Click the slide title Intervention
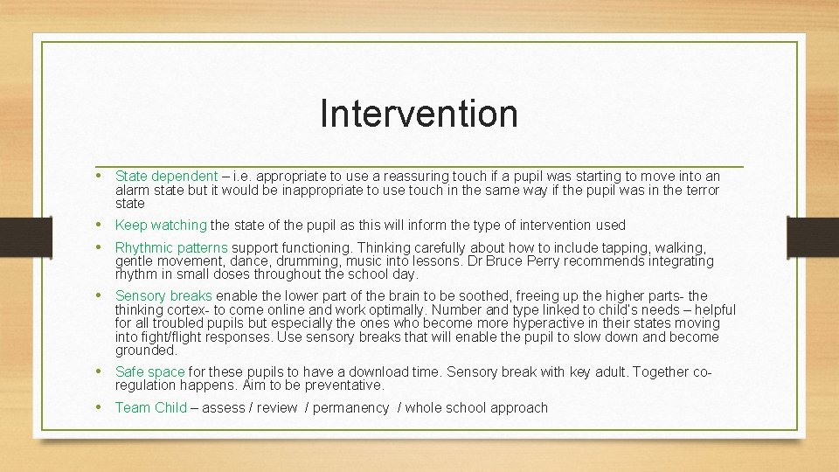click(x=419, y=113)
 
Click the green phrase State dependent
click(x=166, y=177)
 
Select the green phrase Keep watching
click(x=161, y=226)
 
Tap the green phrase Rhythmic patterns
click(x=171, y=248)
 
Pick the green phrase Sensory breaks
click(x=163, y=296)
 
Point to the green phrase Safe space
click(x=149, y=372)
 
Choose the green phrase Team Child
click(x=151, y=408)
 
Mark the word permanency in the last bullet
click(x=350, y=408)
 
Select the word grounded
click(x=146, y=351)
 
